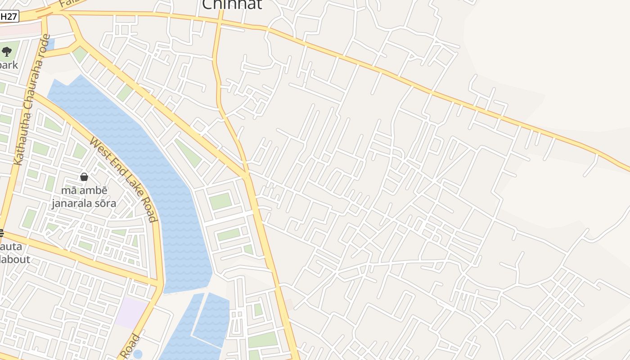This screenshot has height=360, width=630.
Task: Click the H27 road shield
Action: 9,17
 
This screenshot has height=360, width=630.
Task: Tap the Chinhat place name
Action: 232,4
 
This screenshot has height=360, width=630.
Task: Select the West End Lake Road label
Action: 124,179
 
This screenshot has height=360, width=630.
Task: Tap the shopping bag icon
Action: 84,177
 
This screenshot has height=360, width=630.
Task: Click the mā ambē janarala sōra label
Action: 84,197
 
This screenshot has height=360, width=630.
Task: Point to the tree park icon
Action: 7,52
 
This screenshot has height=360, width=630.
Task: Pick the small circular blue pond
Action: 138,354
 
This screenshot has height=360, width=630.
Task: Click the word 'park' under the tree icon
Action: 9,65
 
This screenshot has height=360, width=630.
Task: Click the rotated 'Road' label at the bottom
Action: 130,346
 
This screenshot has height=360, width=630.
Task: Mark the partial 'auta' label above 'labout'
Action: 11,247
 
